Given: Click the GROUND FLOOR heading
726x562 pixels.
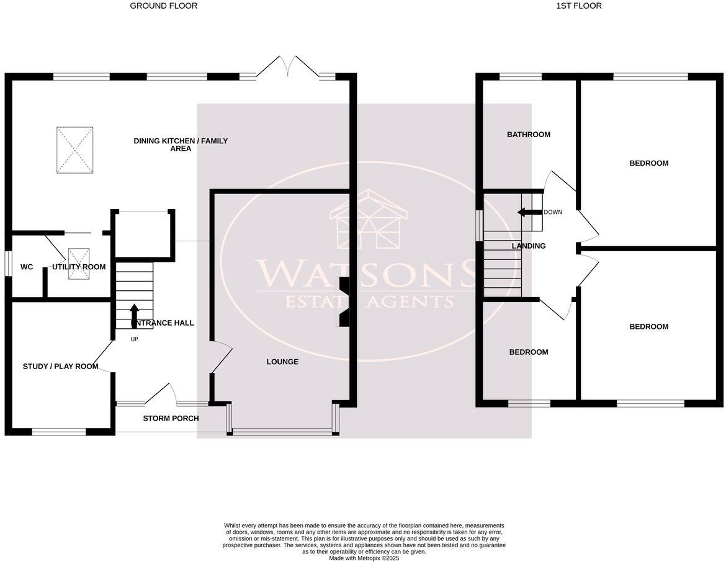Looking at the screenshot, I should (x=163, y=6).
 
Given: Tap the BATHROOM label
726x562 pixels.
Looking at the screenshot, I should (x=529, y=135).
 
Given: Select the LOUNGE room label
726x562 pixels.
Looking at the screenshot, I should (x=282, y=362).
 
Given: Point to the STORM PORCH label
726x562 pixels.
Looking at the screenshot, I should (x=171, y=419).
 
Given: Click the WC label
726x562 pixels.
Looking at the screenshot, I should (x=27, y=267).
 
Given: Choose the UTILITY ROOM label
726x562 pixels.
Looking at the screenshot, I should (x=79, y=267).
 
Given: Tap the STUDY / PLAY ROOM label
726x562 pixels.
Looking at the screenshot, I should (x=61, y=367).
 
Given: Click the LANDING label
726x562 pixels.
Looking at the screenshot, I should (x=529, y=246).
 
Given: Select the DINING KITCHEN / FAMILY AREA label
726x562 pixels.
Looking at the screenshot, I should (x=181, y=145).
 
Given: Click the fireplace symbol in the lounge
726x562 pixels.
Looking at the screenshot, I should (x=343, y=301).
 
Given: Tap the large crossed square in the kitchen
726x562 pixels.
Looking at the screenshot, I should (x=75, y=150).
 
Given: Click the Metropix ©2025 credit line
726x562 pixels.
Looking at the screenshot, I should (x=364, y=558).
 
